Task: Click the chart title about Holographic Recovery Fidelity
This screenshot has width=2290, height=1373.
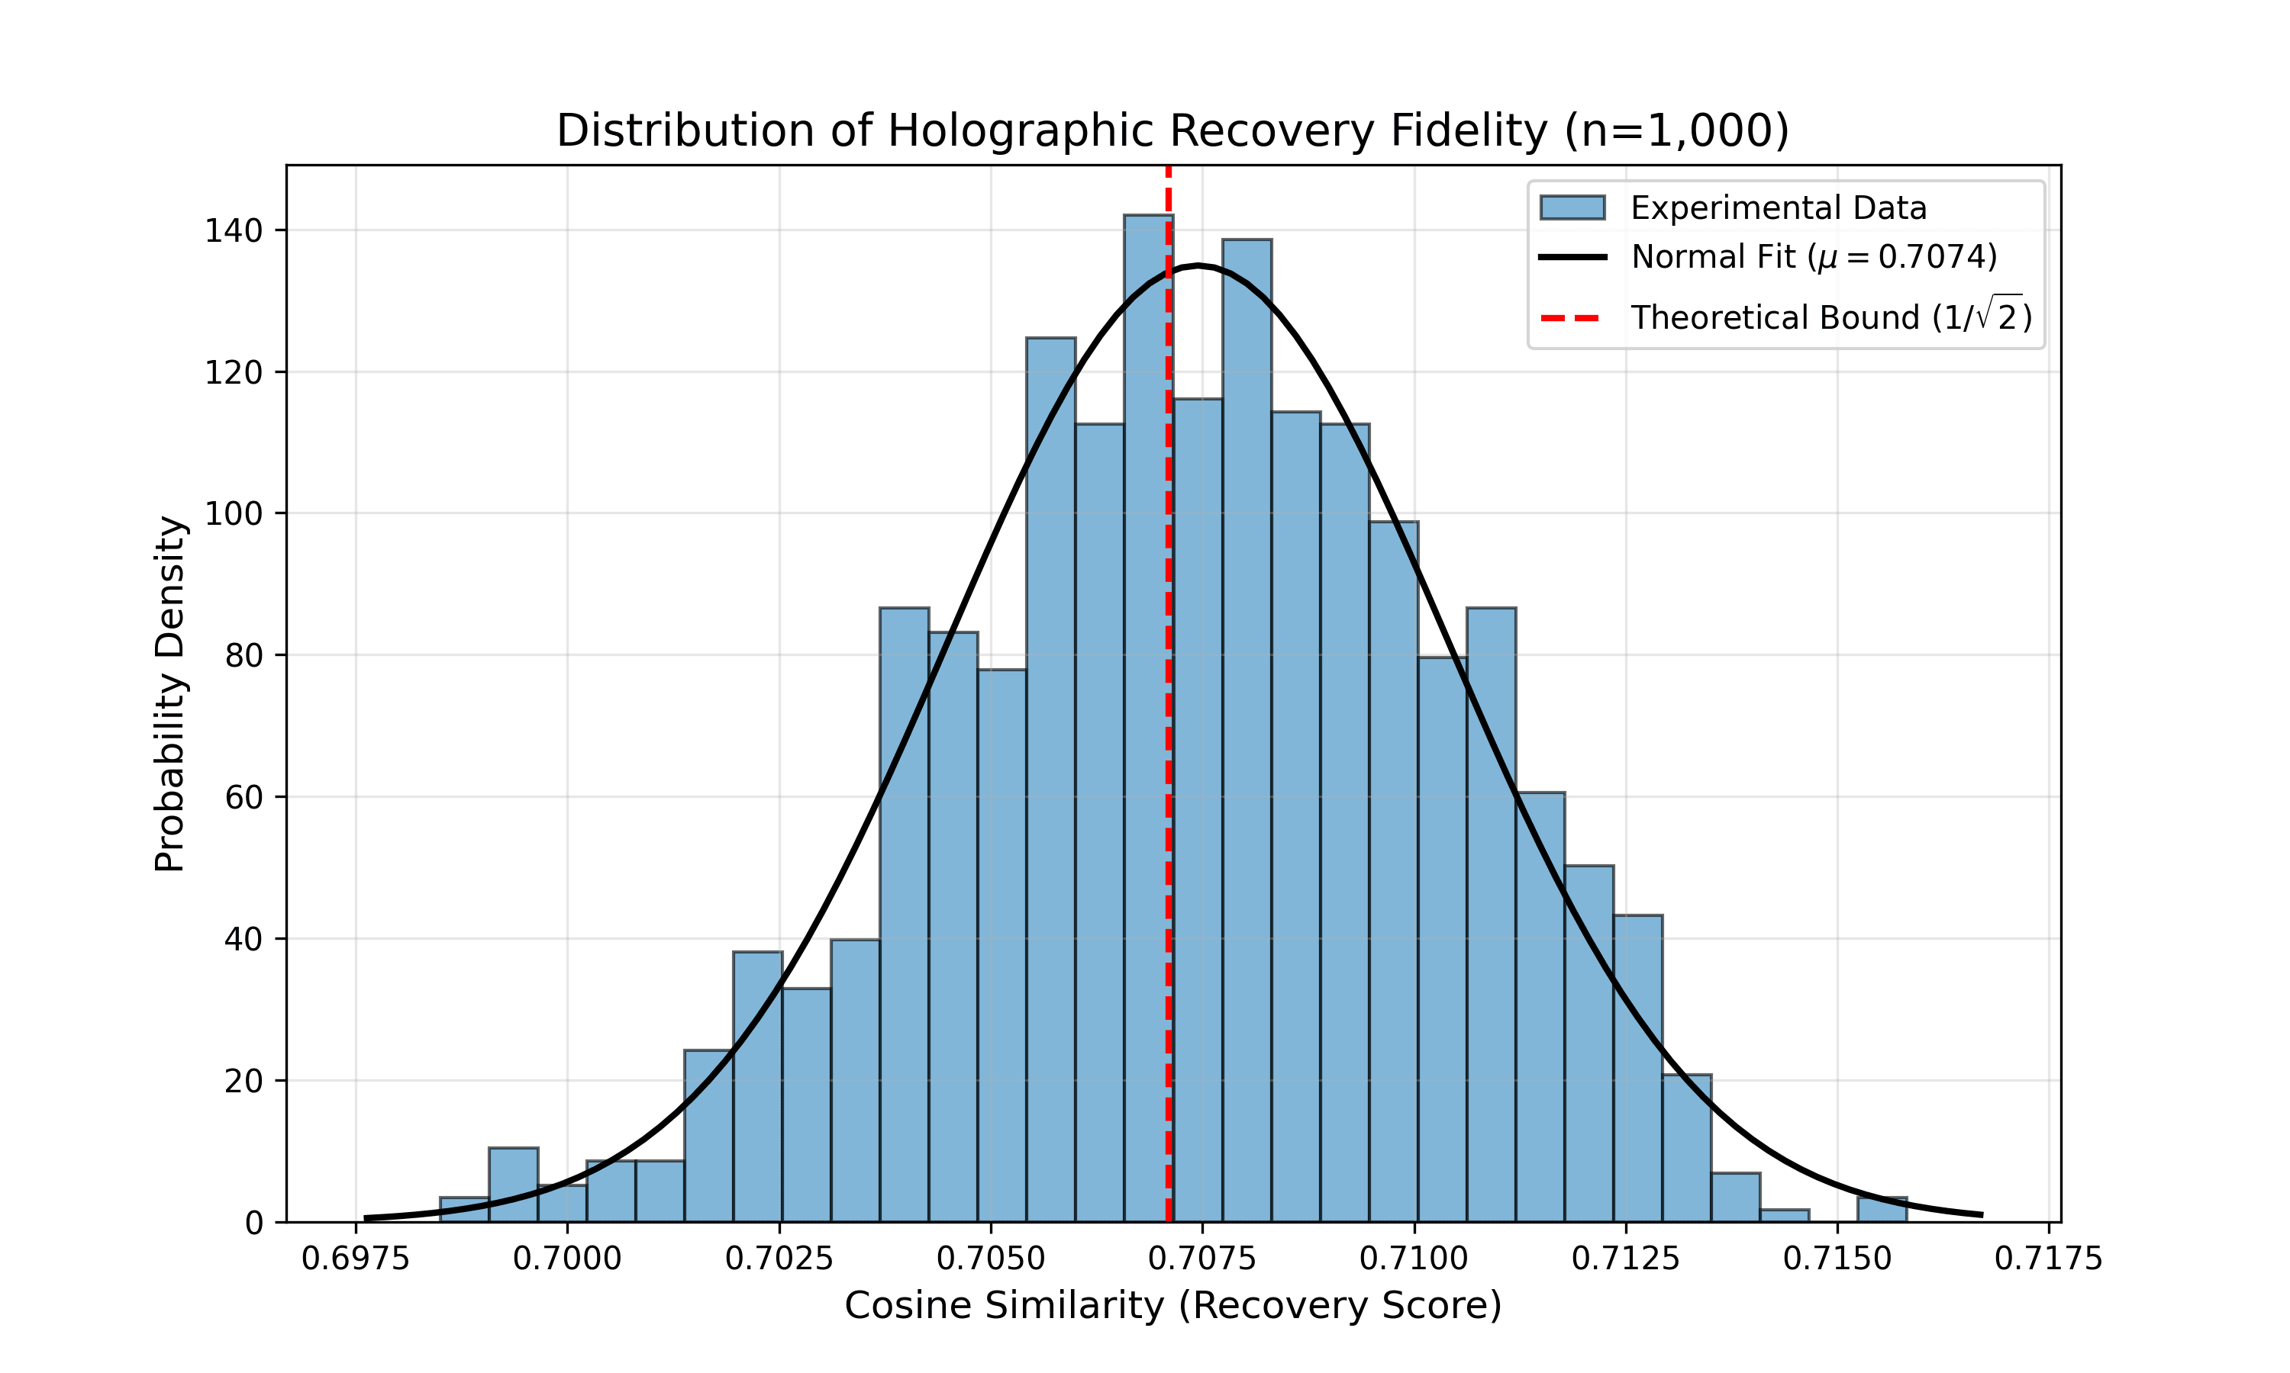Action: click(x=1172, y=130)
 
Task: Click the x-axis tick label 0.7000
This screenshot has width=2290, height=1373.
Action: click(x=566, y=1259)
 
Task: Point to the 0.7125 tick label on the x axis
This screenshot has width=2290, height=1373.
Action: click(x=1625, y=1259)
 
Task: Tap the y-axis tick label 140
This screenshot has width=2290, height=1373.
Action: click(x=234, y=230)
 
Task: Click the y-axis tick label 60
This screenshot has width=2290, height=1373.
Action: click(x=244, y=798)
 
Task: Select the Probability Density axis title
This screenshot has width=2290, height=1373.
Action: click(x=170, y=694)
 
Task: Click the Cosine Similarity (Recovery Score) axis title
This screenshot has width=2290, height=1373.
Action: click(x=1172, y=1305)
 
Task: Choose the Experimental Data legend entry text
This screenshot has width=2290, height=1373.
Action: click(x=1778, y=208)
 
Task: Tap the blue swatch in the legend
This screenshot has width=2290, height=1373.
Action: click(x=1572, y=208)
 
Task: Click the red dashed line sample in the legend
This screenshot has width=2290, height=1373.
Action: click(x=1572, y=318)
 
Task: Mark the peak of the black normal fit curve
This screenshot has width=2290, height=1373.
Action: click(x=1198, y=266)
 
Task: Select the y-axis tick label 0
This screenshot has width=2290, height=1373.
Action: click(x=253, y=1224)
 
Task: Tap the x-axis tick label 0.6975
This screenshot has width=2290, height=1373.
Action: click(x=356, y=1259)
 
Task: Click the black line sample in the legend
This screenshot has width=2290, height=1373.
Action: click(x=1572, y=257)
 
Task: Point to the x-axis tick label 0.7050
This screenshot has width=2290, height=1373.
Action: click(x=990, y=1259)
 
